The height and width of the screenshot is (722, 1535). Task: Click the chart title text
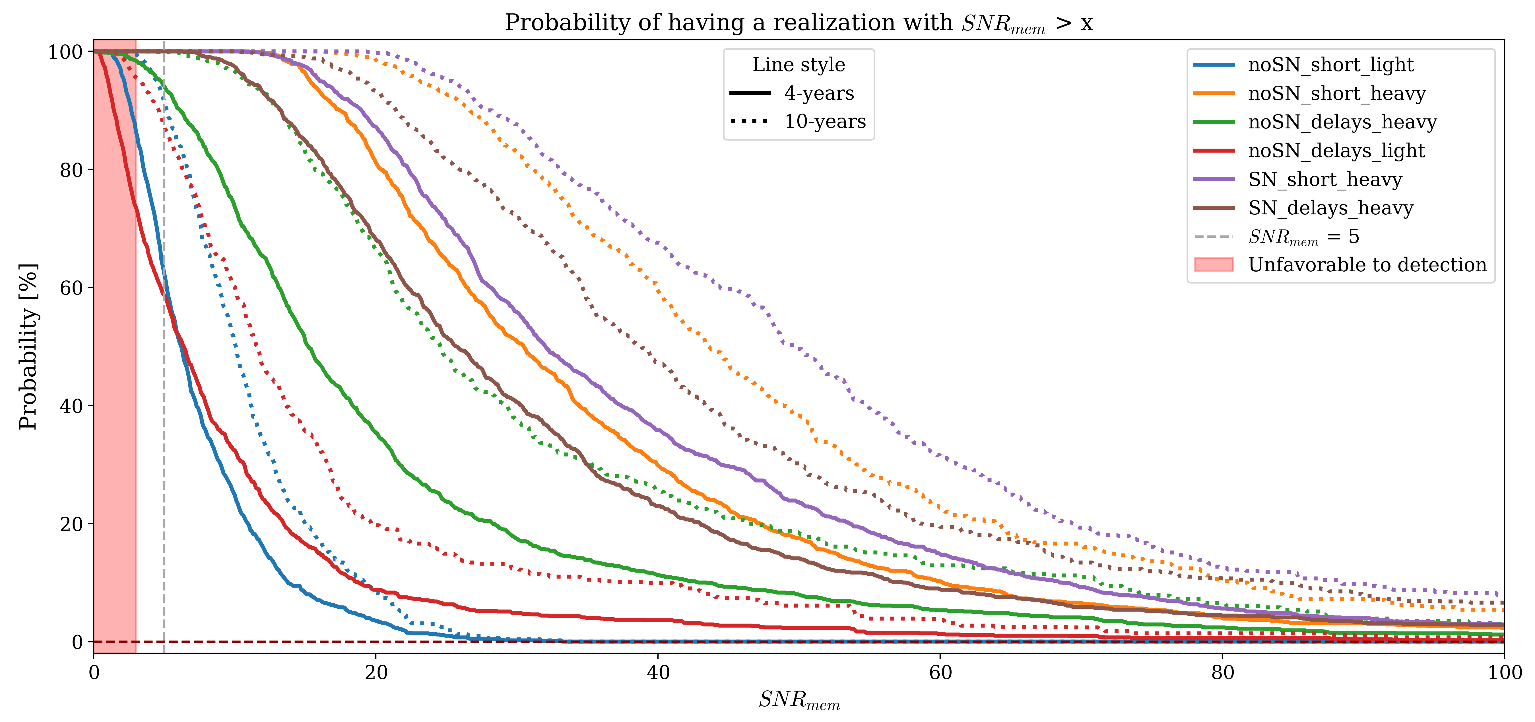799,23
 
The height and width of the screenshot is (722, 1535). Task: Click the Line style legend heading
799,64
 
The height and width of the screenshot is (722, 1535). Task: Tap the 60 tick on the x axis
940,672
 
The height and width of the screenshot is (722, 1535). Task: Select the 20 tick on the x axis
376,672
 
